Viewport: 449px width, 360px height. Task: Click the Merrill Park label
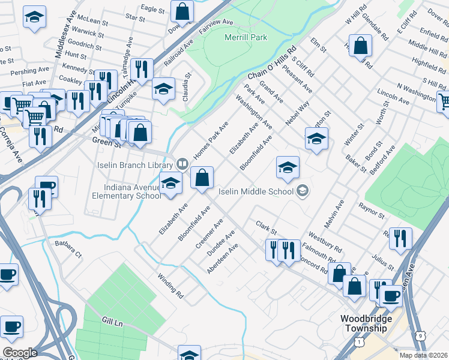coord(246,37)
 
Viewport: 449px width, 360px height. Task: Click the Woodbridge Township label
coord(366,323)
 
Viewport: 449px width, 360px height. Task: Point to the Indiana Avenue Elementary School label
coord(124,191)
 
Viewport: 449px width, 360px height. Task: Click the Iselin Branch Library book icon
coord(182,163)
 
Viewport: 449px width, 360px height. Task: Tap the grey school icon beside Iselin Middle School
coord(303,191)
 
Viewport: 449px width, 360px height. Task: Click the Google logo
coord(20,352)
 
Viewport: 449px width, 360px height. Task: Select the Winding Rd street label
coord(170,286)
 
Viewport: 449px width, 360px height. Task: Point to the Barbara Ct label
coord(67,249)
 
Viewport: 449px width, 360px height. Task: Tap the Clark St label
coord(265,228)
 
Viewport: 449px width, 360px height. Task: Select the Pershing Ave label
coord(24,71)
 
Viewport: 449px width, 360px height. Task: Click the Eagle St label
coord(152,9)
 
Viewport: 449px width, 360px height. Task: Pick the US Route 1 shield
coord(358,341)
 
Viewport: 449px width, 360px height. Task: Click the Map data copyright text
coord(424,355)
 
